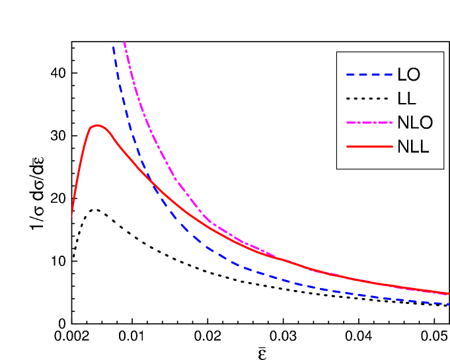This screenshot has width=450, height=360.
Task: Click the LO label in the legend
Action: click(408, 74)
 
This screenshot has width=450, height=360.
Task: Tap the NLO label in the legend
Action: click(416, 123)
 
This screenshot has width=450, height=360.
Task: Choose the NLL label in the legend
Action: click(413, 147)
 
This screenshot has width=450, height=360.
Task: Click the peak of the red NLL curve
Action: click(97, 125)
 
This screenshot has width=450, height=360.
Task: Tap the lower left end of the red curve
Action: click(71, 217)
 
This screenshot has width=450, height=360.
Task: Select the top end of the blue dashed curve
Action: click(113, 46)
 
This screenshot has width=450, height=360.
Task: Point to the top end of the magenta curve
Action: click(124, 43)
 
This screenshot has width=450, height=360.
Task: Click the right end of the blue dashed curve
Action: click(448, 304)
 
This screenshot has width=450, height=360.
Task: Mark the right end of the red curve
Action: click(448, 293)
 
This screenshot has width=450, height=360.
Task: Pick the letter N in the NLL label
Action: click(403, 147)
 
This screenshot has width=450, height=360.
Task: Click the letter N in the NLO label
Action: click(403, 123)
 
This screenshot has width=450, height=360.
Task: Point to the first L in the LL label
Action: click(402, 98)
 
